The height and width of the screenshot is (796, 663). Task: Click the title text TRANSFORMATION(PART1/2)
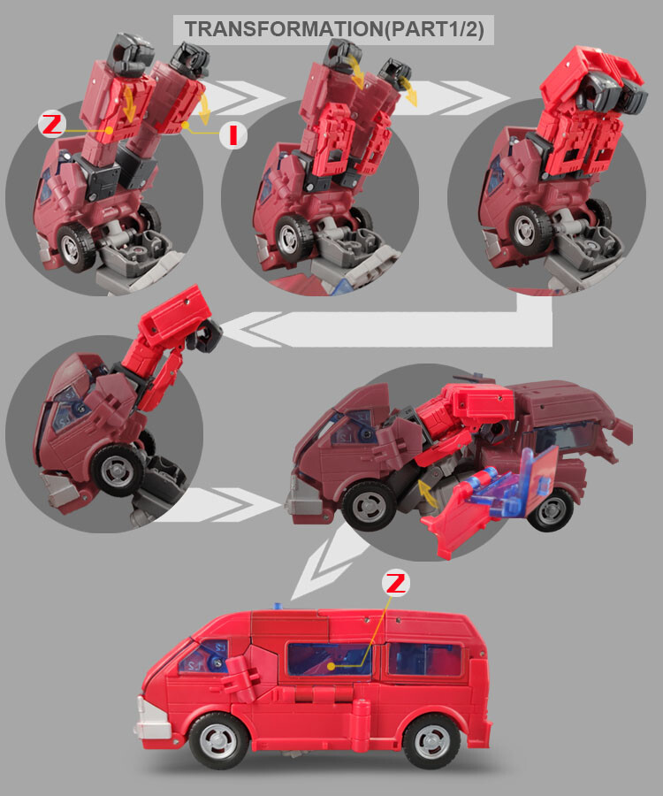click(x=333, y=28)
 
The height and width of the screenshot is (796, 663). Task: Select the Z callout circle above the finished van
click(x=397, y=584)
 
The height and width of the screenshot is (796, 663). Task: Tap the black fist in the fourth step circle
click(x=210, y=335)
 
